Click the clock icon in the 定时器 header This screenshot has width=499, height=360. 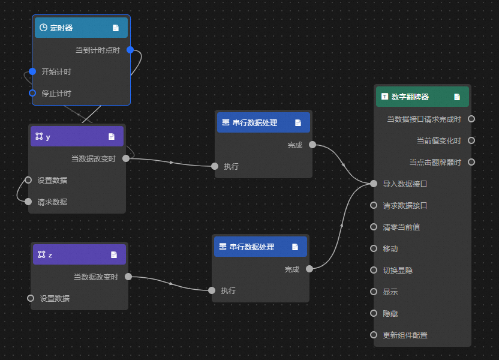click(43, 28)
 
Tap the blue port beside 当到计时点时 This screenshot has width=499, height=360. click(130, 50)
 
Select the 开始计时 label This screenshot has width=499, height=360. click(56, 72)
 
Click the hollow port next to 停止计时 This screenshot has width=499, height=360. click(32, 93)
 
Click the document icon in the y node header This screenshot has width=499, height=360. click(112, 137)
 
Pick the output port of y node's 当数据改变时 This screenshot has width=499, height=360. click(125, 158)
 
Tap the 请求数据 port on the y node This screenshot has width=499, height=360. click(28, 202)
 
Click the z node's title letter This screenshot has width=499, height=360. click(50, 255)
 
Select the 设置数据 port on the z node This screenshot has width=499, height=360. click(31, 298)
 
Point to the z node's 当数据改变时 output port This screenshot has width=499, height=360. click(128, 277)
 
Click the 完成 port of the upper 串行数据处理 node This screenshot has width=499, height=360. click(312, 145)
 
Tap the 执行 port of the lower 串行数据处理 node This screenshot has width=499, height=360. click(212, 290)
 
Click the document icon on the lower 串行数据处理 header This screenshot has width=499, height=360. click(295, 247)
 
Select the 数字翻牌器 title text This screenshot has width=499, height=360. click(410, 97)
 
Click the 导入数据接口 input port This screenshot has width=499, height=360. click(374, 184)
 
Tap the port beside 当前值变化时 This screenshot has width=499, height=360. click(471, 140)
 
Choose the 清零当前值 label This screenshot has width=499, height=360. click(401, 227)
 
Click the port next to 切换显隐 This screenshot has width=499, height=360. click(374, 270)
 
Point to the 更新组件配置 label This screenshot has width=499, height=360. click(405, 335)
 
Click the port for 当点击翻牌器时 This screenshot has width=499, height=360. click(471, 162)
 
